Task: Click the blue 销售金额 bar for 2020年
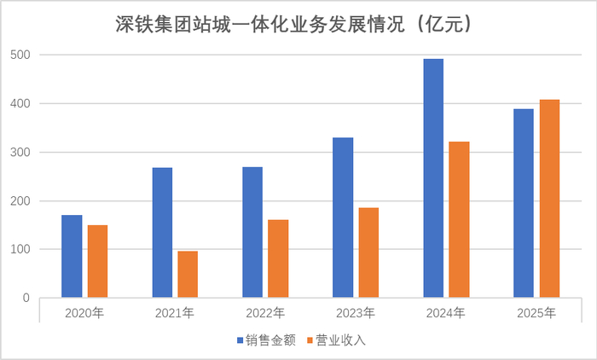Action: pos(72,257)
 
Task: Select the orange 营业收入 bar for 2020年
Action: pos(97,262)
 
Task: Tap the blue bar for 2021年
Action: pos(162,233)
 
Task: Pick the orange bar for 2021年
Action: pos(188,275)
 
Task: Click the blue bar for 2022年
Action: pos(252,233)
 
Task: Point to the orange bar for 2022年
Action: pos(278,259)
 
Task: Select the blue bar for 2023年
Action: pos(343,218)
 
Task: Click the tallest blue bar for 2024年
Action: pos(433,178)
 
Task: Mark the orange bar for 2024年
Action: pos(459,220)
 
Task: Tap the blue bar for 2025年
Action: pos(524,204)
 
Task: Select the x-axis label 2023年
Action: pos(356,313)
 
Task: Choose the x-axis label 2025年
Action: pos(536,313)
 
